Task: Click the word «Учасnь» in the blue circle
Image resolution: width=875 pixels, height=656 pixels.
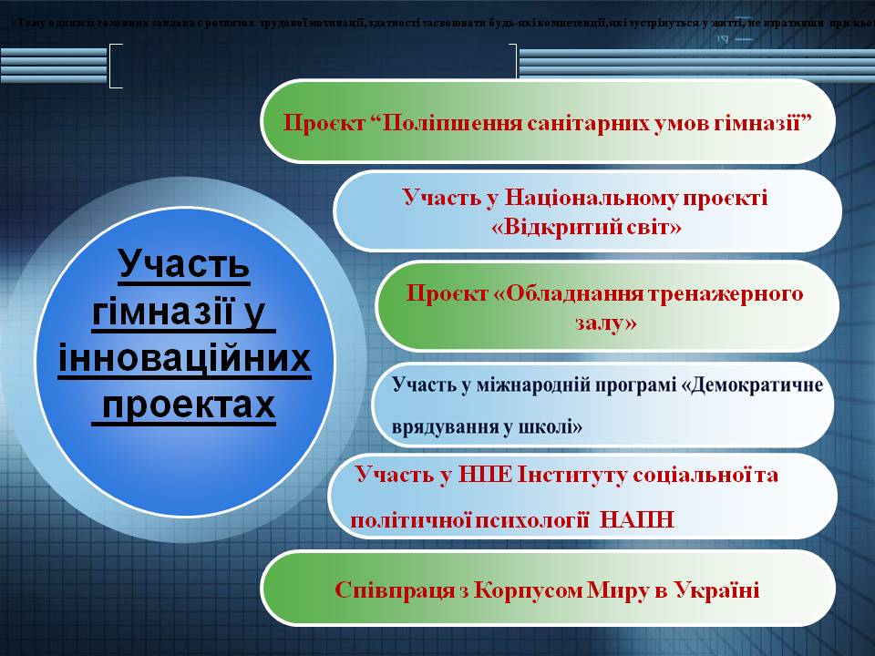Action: [185, 265]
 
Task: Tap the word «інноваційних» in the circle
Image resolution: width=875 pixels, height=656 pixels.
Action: [185, 360]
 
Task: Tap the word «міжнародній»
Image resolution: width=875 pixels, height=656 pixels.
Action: [527, 384]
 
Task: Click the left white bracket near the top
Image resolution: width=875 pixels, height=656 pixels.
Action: [115, 66]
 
